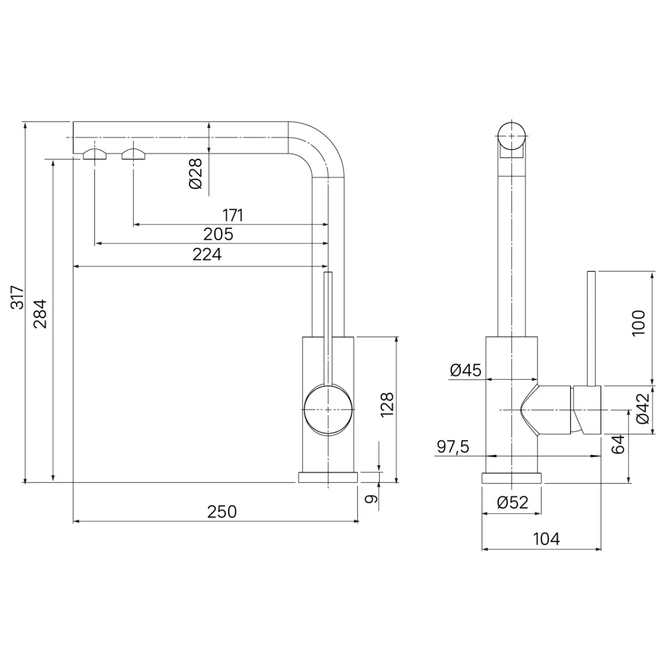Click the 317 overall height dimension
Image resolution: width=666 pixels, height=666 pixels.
(x=17, y=297)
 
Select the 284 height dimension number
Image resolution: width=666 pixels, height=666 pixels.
(x=40, y=314)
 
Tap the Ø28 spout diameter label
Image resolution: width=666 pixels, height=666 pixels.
(x=195, y=174)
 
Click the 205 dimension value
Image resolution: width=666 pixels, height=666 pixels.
(x=218, y=234)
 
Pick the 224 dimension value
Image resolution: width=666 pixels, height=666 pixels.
(x=206, y=255)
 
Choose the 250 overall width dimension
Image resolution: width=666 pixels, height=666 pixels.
(x=222, y=512)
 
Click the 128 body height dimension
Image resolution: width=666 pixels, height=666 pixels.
(x=387, y=405)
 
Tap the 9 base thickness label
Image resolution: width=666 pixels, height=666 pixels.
(x=371, y=499)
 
